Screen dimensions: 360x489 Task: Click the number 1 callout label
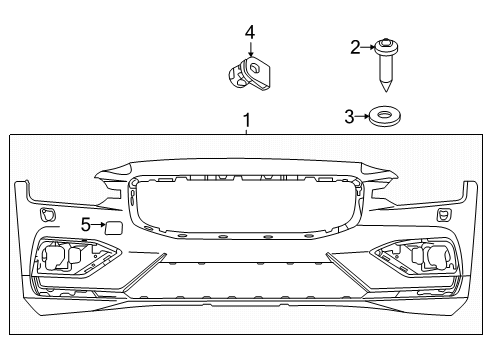[x=246, y=120]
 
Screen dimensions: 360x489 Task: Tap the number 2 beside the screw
[x=354, y=45]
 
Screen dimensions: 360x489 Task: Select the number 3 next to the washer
[x=348, y=117]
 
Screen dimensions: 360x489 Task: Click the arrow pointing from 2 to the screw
[x=368, y=45]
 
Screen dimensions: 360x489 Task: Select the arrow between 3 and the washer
[x=362, y=117]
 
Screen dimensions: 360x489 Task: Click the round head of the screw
[x=385, y=45]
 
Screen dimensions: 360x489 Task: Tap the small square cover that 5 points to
[x=114, y=227]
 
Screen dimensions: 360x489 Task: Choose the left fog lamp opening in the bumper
[x=63, y=260]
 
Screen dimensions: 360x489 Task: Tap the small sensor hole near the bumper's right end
[x=441, y=214]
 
